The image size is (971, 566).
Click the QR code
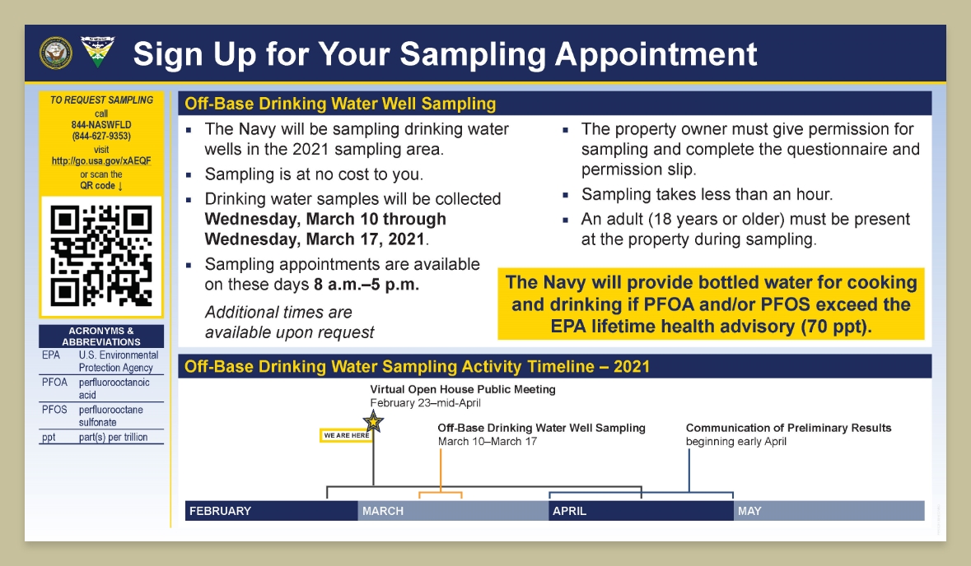click(x=101, y=256)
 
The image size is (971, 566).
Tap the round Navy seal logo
click(x=56, y=53)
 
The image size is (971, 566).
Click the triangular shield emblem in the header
click(x=98, y=52)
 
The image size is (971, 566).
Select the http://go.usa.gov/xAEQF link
click(x=101, y=160)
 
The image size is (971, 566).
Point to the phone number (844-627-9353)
click(x=101, y=136)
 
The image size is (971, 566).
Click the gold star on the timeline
click(x=373, y=422)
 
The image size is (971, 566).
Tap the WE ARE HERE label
click(x=346, y=435)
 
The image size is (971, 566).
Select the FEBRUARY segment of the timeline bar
click(x=271, y=511)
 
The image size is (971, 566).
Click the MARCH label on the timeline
click(x=383, y=511)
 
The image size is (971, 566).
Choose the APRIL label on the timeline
click(x=570, y=511)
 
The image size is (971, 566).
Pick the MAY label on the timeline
click(x=749, y=511)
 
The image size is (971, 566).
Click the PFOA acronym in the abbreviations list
click(x=54, y=383)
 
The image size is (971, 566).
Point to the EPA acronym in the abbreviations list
click(x=51, y=355)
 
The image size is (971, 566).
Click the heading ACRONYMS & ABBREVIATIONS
click(x=101, y=336)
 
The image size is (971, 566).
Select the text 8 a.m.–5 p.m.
click(x=366, y=285)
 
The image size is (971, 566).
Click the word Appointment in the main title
click(x=656, y=53)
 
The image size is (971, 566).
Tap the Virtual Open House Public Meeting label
click(x=463, y=390)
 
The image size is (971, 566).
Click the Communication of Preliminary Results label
click(x=788, y=428)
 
